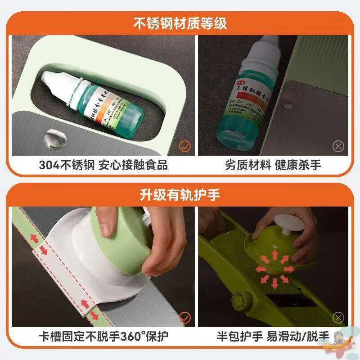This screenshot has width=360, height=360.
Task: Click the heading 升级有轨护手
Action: point(180,196)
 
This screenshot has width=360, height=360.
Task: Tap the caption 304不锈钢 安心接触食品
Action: point(103,165)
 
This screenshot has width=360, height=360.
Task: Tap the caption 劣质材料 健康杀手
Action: point(273,165)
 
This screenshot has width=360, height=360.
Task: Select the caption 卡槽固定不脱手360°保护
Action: point(103,336)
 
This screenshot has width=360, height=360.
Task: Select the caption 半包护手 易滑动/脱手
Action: point(273,336)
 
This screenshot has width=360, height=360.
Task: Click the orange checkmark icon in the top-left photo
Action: point(185,146)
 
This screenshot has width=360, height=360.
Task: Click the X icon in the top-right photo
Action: point(338,146)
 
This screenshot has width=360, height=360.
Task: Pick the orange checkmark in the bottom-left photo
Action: point(185,318)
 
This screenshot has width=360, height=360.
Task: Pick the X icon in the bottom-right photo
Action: point(338,318)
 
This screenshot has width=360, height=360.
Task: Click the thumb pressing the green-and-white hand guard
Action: point(105,225)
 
